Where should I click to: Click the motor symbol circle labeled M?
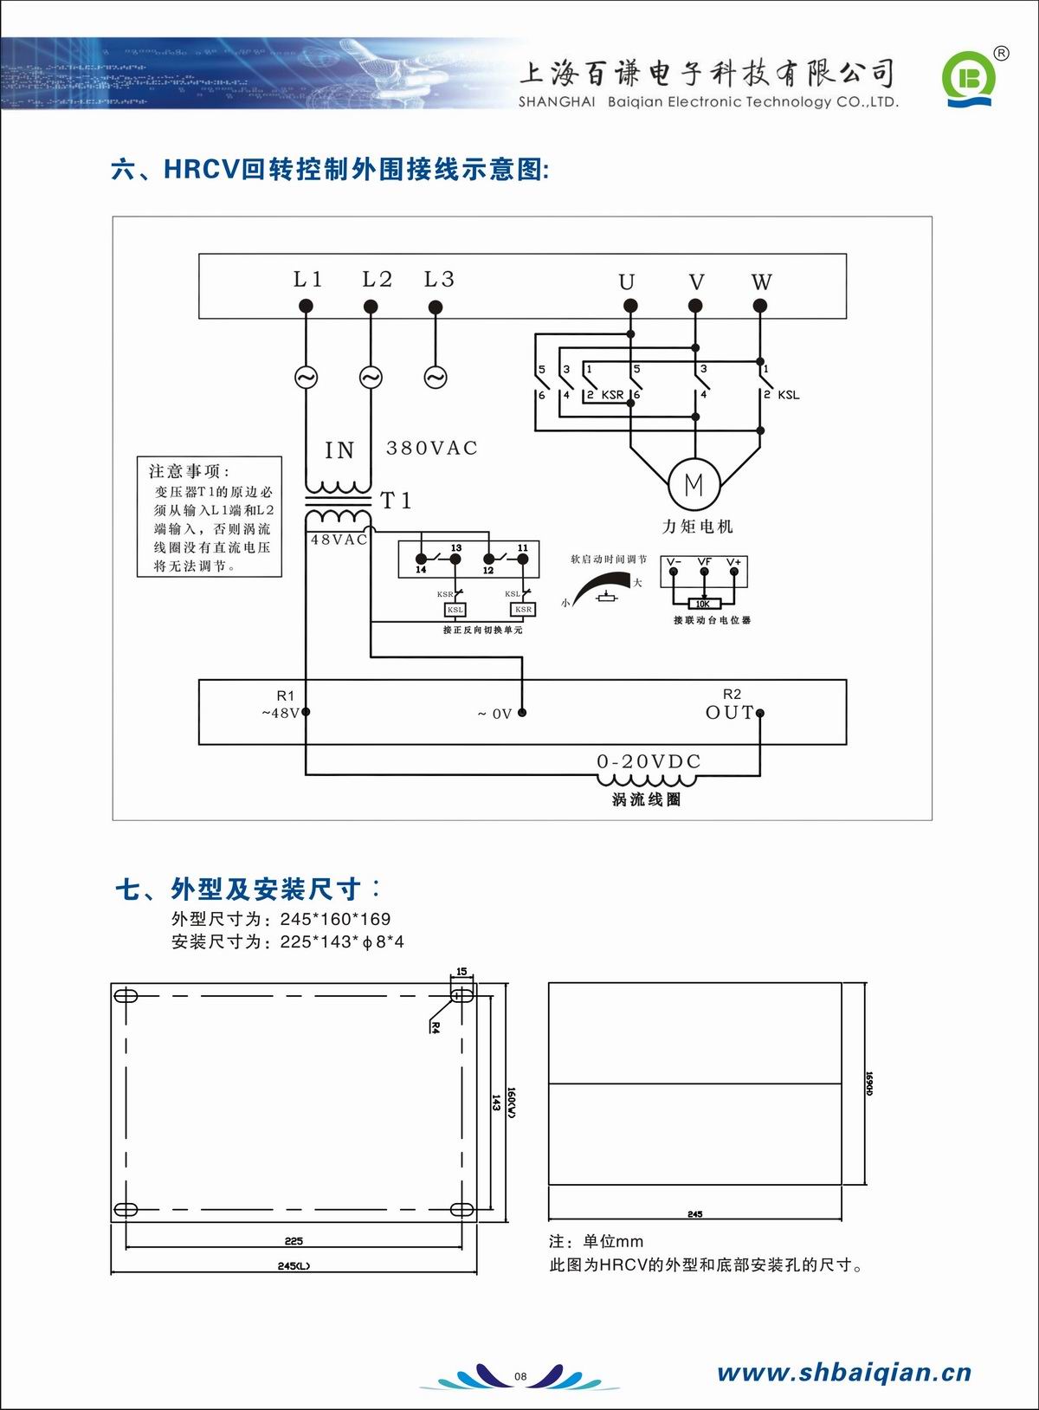tap(694, 485)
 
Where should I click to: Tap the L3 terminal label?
tap(439, 279)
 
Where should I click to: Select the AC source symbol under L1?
tap(306, 378)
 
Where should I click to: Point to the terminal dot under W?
tap(760, 306)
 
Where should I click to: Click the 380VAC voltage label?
tap(431, 448)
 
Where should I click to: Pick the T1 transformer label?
tap(397, 501)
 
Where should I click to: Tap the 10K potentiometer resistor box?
tap(703, 604)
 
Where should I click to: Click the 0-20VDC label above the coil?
tap(649, 761)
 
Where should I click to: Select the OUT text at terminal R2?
tap(729, 712)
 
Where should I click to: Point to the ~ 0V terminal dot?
tap(522, 713)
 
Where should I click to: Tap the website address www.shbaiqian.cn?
tap(844, 1372)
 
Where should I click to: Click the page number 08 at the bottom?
tap(520, 1376)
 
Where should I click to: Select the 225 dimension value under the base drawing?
tap(294, 1241)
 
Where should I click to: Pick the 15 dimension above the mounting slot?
tap(461, 971)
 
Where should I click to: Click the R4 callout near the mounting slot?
tap(436, 1028)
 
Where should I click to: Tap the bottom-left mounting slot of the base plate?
tap(126, 1209)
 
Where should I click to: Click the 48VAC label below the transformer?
tap(339, 540)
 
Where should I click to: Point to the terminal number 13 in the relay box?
tap(456, 548)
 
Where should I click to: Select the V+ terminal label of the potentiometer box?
tap(734, 562)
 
